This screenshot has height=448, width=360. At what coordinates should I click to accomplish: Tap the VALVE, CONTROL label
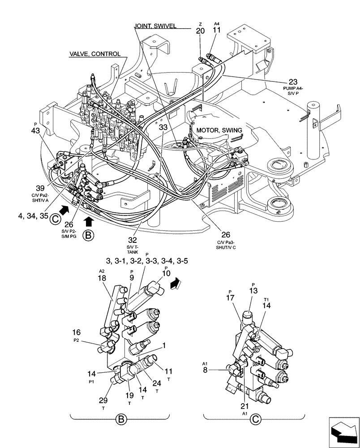[x=94, y=54]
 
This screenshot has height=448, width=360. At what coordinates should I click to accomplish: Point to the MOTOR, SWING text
[x=219, y=130]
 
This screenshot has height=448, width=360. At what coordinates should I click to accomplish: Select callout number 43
[x=35, y=131]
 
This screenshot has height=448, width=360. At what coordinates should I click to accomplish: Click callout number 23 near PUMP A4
[x=293, y=82]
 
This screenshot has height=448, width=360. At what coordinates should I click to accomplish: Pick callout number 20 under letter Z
[x=200, y=30]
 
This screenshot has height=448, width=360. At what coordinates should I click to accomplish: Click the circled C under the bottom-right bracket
[x=255, y=420]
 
